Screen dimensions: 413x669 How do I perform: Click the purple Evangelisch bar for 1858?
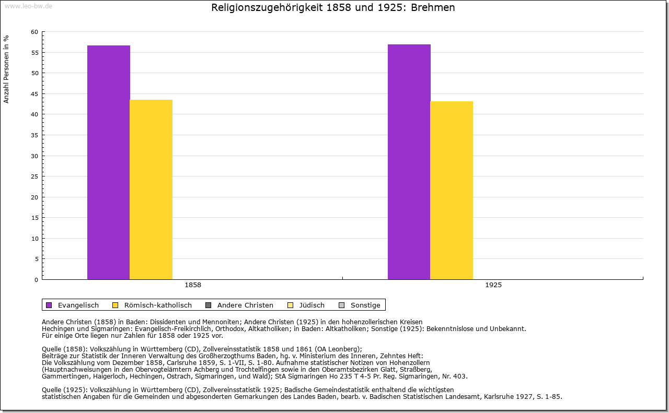tap(108, 162)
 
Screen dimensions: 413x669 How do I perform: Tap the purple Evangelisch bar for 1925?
tap(409, 162)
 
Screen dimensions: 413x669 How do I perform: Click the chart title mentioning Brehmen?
tap(333, 8)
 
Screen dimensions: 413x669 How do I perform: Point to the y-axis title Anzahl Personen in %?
tap(6, 69)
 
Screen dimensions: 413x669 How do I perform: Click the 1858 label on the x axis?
tap(193, 286)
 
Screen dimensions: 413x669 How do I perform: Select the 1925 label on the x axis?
tap(493, 286)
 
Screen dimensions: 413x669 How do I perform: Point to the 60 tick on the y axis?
tap(34, 32)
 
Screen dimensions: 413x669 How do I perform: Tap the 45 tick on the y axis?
tap(34, 94)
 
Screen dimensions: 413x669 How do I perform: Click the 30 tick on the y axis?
tap(34, 156)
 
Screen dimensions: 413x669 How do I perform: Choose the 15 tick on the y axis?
tap(34, 218)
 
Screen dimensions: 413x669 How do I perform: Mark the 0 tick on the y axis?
tap(36, 280)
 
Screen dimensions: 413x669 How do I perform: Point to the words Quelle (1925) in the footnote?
tap(64, 390)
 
